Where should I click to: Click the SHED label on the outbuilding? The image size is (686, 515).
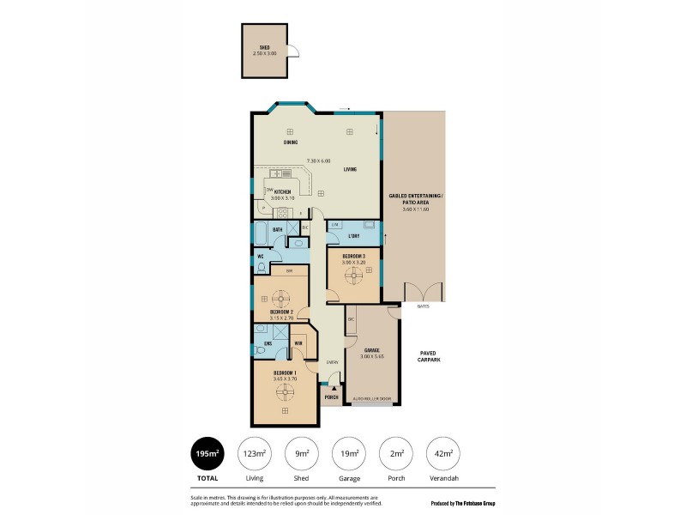pyautogui.click(x=264, y=48)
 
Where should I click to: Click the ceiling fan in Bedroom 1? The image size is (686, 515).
pyautogui.click(x=285, y=392)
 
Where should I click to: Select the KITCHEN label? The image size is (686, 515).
pyautogui.click(x=282, y=191)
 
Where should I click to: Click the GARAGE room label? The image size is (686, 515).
pyautogui.click(x=371, y=351)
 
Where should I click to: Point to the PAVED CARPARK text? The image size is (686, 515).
pyautogui.click(x=428, y=356)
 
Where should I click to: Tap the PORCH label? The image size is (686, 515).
pyautogui.click(x=331, y=398)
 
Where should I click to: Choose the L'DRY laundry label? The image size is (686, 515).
pyautogui.click(x=352, y=236)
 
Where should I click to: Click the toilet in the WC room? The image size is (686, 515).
pyautogui.click(x=262, y=268)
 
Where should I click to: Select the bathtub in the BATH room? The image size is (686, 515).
pyautogui.click(x=262, y=234)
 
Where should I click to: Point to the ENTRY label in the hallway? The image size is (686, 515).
pyautogui.click(x=331, y=363)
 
